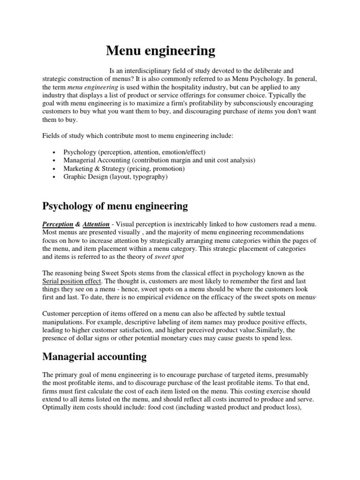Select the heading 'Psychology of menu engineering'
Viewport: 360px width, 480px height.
115,206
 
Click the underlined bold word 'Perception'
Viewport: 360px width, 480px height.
58,225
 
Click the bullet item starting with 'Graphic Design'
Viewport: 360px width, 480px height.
115,177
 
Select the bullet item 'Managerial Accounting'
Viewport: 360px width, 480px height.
159,160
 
